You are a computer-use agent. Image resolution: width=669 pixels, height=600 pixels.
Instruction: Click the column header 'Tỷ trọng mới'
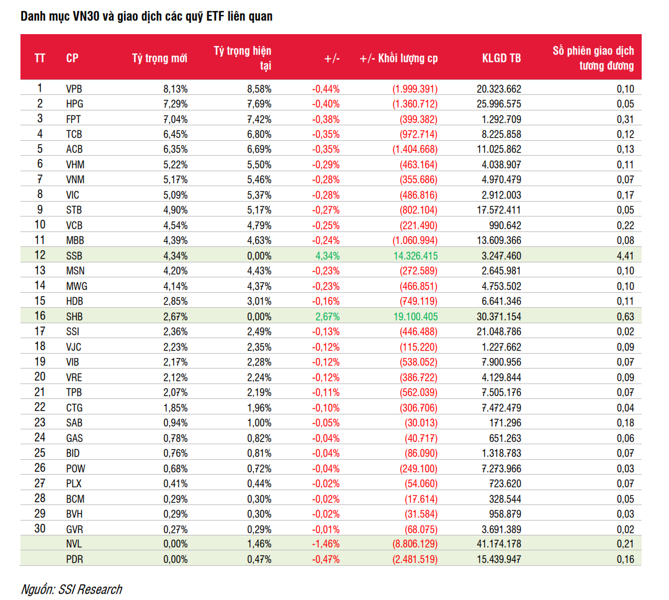point(159,58)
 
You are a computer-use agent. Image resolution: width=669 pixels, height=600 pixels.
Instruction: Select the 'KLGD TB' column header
point(501,58)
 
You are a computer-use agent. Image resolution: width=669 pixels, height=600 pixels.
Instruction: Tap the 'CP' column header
point(72,58)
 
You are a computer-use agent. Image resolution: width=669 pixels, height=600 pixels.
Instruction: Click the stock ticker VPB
point(74,89)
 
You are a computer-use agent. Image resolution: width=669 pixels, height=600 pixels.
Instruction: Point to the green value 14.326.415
point(415,256)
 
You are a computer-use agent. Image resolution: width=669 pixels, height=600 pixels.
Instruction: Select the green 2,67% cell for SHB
point(327,317)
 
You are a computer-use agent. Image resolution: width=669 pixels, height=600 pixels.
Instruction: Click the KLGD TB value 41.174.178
point(499,544)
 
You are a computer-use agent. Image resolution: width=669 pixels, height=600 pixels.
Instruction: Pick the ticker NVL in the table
point(74,544)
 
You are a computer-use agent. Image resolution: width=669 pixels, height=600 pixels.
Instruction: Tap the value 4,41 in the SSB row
point(625,256)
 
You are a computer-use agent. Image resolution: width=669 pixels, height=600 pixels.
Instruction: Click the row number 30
point(40,529)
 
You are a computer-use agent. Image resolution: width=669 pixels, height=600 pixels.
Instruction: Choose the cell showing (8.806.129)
point(415,544)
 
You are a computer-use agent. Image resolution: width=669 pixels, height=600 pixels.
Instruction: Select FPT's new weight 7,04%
point(176,119)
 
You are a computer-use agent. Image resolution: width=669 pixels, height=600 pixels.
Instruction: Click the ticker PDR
point(74,560)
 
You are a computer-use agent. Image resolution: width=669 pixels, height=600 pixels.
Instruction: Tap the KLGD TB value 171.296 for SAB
point(505,423)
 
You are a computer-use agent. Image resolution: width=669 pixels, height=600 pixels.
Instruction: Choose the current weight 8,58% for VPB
point(259,89)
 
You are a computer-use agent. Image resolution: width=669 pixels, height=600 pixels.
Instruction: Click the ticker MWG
point(76,286)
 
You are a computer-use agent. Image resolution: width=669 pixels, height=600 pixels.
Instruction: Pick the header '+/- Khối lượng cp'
point(398,58)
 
